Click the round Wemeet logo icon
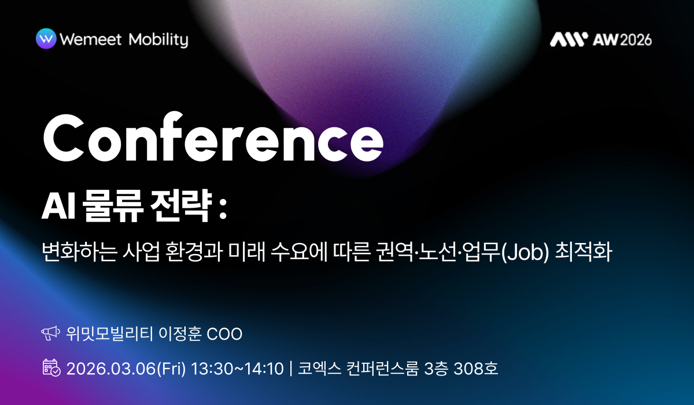(x=46, y=39)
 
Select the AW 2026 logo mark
(x=568, y=39)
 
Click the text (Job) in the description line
(x=524, y=253)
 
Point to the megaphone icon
(x=51, y=334)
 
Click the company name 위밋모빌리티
(x=109, y=334)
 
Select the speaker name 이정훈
(x=178, y=334)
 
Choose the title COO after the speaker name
(x=224, y=334)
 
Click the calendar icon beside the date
(x=51, y=368)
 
